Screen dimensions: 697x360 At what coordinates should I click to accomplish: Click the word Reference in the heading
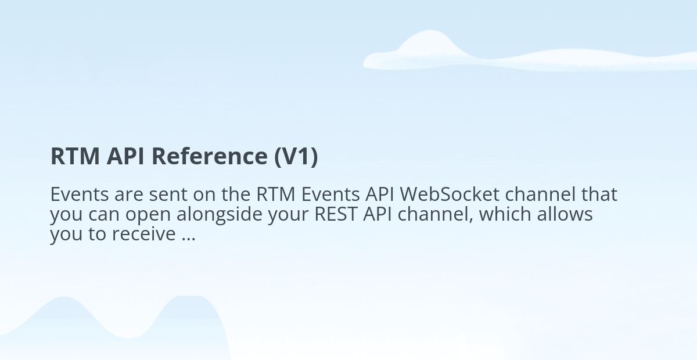(x=210, y=156)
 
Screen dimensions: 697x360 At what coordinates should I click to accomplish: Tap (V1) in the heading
(x=296, y=157)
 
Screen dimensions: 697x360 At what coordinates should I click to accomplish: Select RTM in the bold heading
(x=75, y=156)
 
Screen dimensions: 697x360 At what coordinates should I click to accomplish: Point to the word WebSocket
(x=450, y=194)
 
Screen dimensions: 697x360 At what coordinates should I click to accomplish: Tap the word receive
(x=144, y=233)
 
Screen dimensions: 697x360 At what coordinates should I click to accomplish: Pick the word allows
(x=565, y=214)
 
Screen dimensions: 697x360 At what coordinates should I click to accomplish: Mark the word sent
(x=168, y=195)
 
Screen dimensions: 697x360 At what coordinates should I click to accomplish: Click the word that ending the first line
(x=599, y=194)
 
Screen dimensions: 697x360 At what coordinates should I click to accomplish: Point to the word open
(x=148, y=216)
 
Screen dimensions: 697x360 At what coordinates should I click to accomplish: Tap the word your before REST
(x=289, y=216)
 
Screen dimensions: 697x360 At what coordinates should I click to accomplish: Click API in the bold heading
(x=125, y=156)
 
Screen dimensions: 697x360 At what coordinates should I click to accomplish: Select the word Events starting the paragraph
(x=80, y=195)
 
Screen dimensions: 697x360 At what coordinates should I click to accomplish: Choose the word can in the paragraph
(x=104, y=216)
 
